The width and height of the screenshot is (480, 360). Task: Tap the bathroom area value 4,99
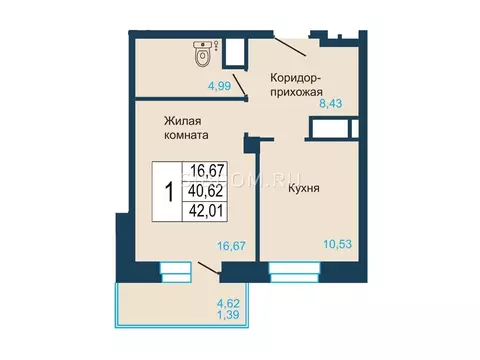tap(221, 87)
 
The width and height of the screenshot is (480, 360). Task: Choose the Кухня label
tap(303, 187)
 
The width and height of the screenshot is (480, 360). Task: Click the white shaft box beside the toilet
tap(236, 50)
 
